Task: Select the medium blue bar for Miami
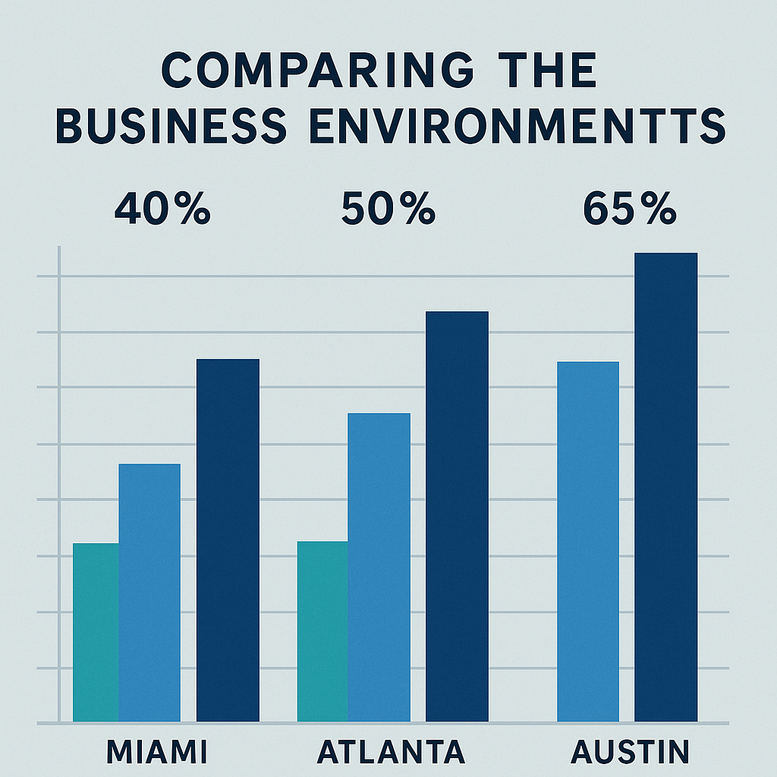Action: (149, 592)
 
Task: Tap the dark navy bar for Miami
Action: (228, 539)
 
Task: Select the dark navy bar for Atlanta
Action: (457, 516)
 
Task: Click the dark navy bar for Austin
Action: (665, 486)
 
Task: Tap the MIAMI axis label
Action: (156, 752)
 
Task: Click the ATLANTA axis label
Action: (391, 752)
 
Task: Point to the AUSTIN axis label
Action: (631, 752)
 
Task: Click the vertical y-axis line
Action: (59, 486)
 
